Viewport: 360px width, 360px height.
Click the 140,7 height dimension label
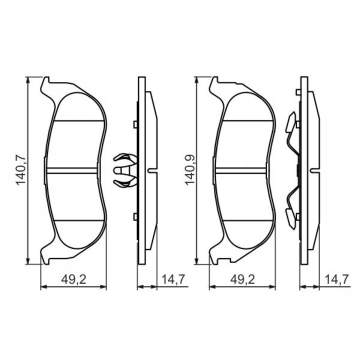[x=21, y=170]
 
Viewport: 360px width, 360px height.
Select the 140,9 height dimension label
[x=190, y=170]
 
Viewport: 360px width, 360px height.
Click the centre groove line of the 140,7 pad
[x=75, y=170]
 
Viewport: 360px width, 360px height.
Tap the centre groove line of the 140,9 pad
[x=244, y=170]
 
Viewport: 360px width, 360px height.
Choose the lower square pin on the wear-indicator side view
[x=135, y=216]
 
